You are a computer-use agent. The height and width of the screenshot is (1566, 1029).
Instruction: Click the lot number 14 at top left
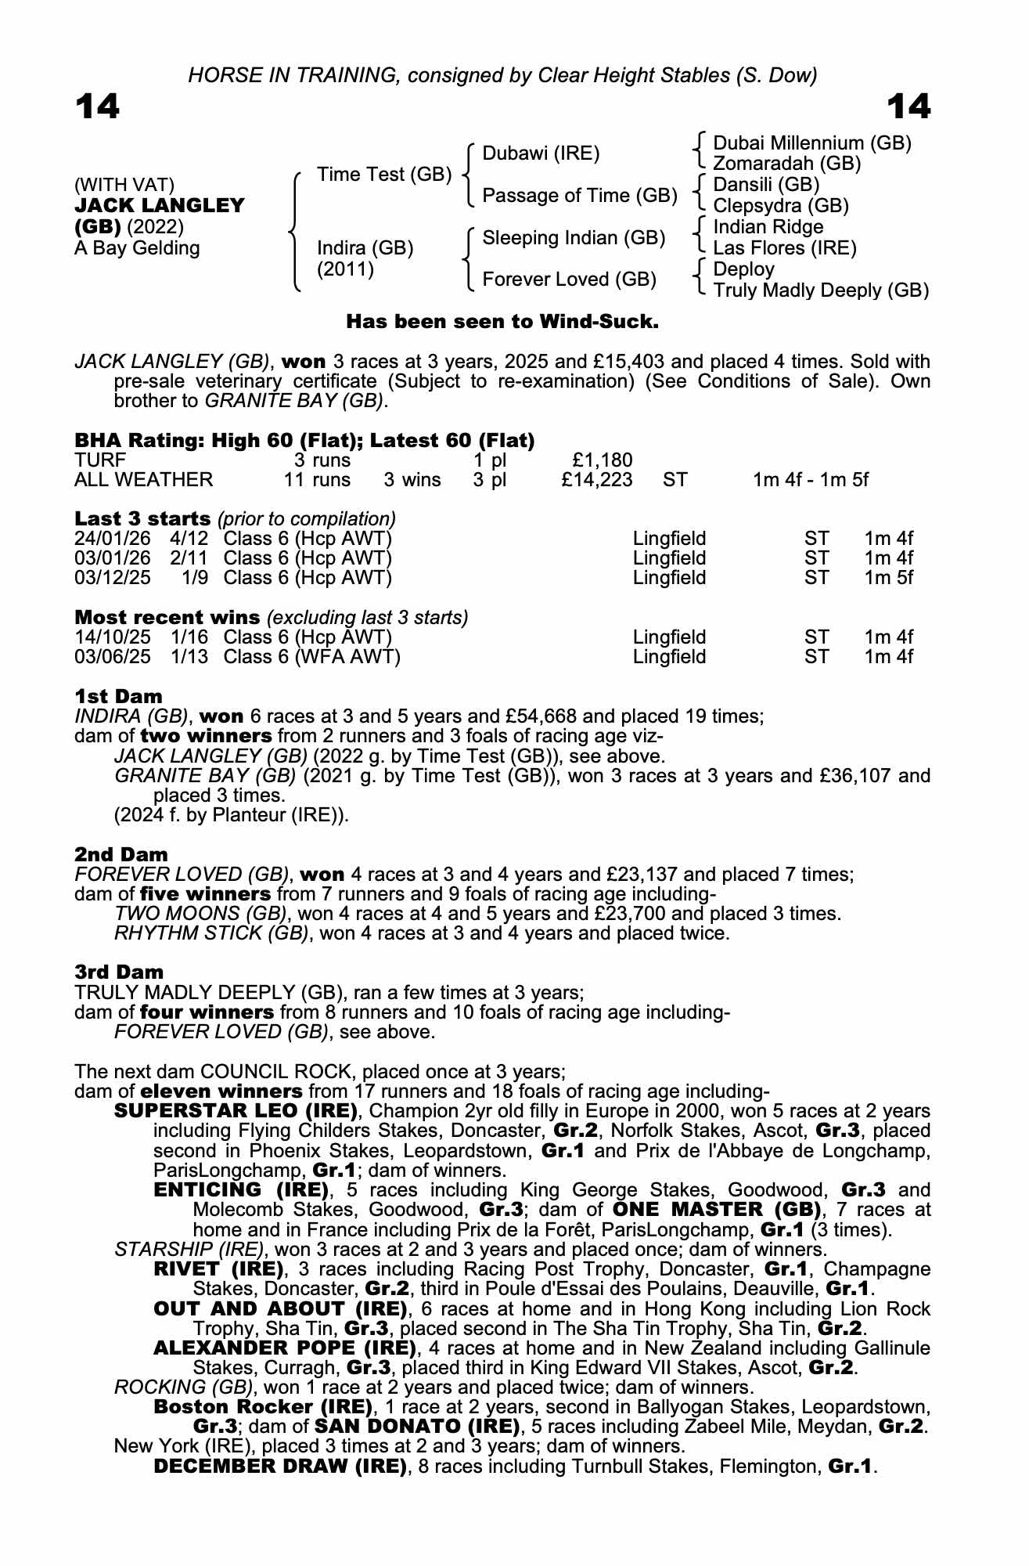point(97,106)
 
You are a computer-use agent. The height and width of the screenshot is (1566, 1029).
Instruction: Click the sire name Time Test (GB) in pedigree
point(383,175)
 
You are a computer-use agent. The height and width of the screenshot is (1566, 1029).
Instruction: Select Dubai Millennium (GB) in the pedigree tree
point(812,143)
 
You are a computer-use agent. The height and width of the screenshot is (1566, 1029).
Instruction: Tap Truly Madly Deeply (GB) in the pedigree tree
point(821,290)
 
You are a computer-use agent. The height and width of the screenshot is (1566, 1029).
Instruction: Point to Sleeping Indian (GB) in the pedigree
point(574,238)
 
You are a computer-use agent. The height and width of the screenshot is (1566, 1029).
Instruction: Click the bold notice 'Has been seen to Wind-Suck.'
point(502,322)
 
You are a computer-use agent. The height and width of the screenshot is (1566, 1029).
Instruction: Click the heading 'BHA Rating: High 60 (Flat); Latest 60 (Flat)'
point(304,441)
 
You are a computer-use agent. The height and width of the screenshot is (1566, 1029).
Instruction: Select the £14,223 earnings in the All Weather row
point(596,480)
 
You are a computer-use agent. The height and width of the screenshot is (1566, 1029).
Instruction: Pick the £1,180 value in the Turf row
point(603,460)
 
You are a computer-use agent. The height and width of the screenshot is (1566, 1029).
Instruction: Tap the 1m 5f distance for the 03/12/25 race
point(888,578)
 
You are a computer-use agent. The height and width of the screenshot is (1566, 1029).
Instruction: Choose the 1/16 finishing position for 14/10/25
point(189,637)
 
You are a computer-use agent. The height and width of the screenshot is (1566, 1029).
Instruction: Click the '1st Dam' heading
point(118,696)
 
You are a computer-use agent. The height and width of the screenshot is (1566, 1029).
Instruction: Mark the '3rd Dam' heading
point(119,972)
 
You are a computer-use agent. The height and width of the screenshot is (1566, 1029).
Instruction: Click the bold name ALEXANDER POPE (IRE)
point(285,1348)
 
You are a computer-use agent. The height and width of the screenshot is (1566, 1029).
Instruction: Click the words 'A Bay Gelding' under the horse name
point(137,249)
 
